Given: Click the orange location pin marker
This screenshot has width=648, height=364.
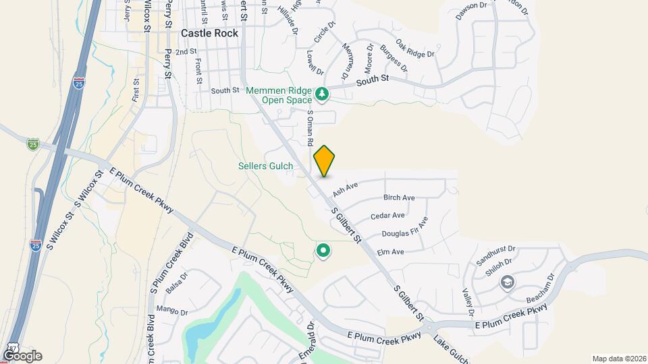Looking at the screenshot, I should tap(325, 161).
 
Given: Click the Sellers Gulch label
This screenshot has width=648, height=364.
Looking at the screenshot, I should tap(266, 166).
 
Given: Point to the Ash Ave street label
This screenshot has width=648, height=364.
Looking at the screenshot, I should tap(345, 190).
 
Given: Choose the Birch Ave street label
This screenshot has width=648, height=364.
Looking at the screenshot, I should tap(398, 198).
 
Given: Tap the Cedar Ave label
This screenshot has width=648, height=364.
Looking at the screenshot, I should tap(388, 216).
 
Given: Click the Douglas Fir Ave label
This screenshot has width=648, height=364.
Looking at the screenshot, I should tap(405, 230).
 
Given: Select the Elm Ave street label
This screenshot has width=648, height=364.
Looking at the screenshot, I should tap(389, 252).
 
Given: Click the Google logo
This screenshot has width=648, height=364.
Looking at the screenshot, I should tap(22, 355).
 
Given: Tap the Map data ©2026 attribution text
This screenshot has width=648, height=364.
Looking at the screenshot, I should tap(618, 359).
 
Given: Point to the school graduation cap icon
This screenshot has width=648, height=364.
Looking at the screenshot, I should tap(507, 282).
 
